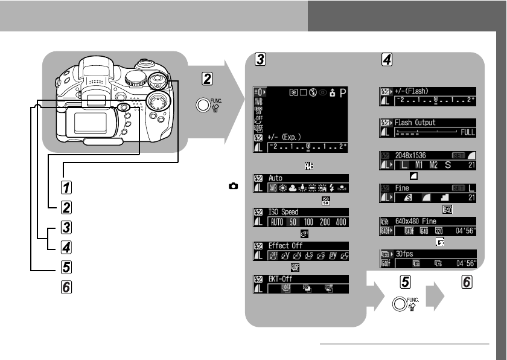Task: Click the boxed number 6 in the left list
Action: pos(68,287)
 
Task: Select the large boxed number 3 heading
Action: pos(259,59)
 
